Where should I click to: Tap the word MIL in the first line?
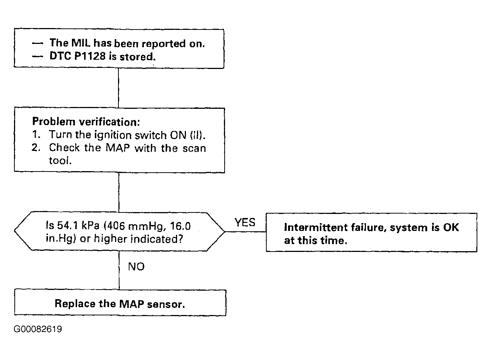tap(81, 43)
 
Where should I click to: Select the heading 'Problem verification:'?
tap(86, 122)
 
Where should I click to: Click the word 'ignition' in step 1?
tap(113, 135)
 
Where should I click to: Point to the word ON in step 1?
tap(178, 135)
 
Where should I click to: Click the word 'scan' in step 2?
tap(194, 148)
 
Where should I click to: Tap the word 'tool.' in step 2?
tap(60, 160)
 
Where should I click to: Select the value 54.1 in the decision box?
tap(67, 225)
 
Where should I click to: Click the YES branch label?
tap(245, 222)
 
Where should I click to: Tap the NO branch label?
tap(136, 267)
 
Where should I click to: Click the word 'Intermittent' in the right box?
tap(316, 227)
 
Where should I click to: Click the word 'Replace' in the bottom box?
tap(75, 304)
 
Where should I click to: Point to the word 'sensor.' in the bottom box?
tap(166, 304)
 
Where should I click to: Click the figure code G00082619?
tap(38, 329)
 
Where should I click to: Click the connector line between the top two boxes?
tap(118, 88)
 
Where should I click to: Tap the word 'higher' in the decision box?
tap(110, 239)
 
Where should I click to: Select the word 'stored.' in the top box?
tap(138, 56)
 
